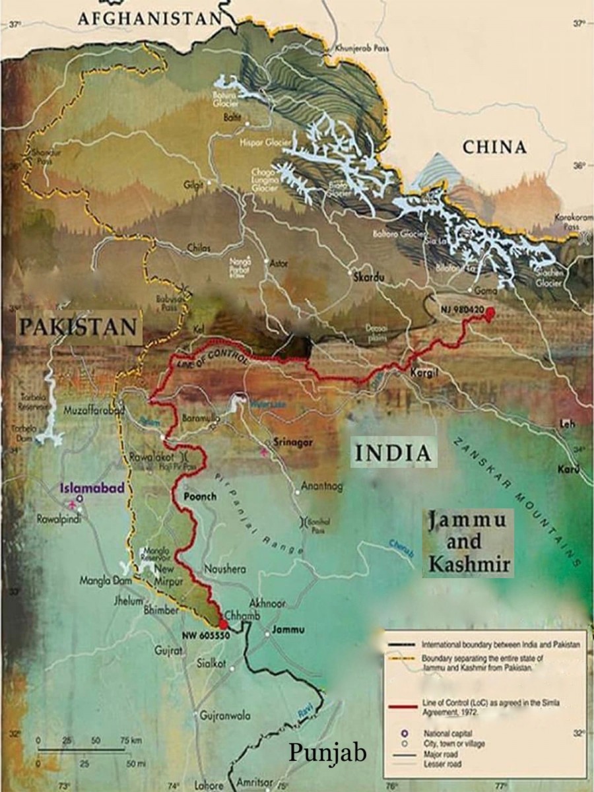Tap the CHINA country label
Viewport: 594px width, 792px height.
coord(495,147)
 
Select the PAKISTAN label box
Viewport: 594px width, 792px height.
coord(79,327)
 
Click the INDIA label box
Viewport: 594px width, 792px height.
coord(393,453)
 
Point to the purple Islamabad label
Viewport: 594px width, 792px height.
coord(90,488)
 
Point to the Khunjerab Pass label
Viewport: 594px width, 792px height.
coord(363,48)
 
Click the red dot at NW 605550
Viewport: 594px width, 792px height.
coord(223,624)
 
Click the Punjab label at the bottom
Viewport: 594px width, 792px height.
coord(327,753)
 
